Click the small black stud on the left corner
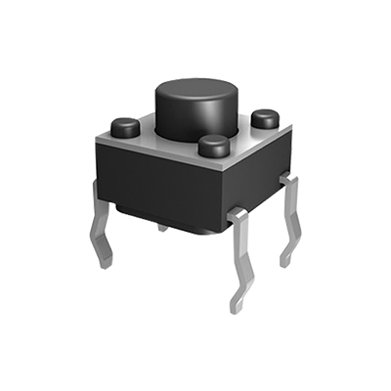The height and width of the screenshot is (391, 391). coord(124,126)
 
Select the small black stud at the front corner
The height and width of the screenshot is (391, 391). coord(213,147)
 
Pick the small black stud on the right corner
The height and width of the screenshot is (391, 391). coord(265,119)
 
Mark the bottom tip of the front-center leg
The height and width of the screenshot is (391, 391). coord(234,308)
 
